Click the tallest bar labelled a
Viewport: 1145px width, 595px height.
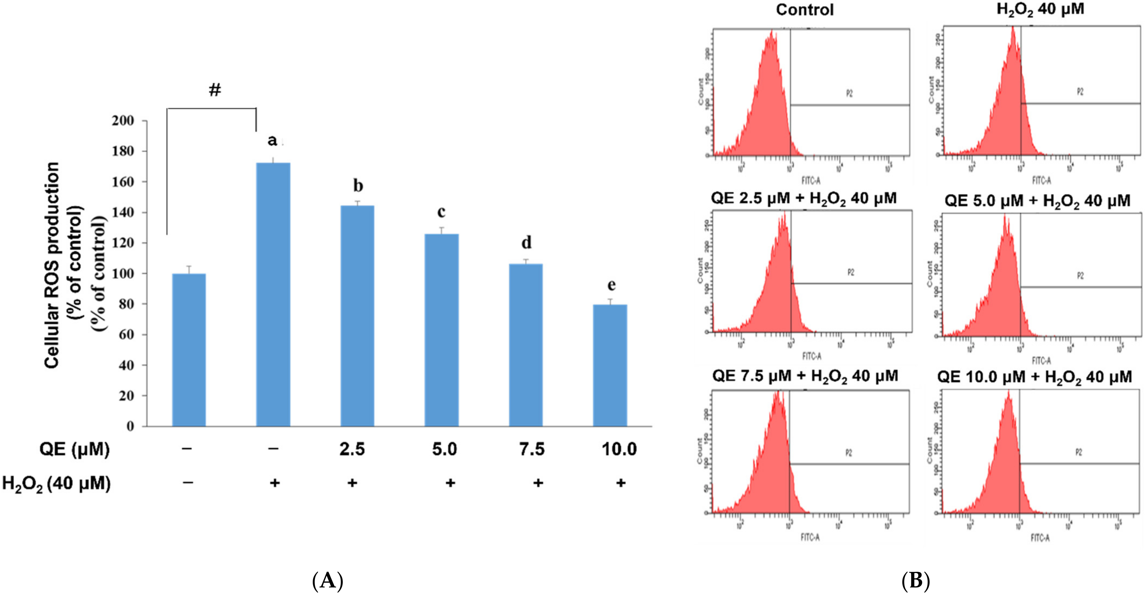pos(273,293)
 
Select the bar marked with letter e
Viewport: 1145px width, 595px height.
pos(610,365)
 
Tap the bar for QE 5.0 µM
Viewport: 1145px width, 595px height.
pos(441,329)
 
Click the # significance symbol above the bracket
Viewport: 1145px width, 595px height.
pos(215,90)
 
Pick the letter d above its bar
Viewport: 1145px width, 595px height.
pos(526,243)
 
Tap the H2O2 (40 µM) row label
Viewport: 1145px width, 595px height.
pos(57,484)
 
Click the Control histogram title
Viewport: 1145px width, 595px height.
pos(805,10)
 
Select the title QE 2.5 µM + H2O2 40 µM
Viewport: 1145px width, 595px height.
pos(804,198)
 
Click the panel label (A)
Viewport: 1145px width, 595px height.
pos(328,581)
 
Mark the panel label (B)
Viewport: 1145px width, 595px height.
pos(916,581)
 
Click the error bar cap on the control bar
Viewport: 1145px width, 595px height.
pos(189,266)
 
